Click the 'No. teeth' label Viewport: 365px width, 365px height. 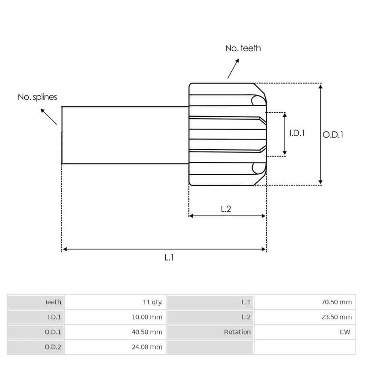(243, 48)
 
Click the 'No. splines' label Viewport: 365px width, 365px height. (37, 97)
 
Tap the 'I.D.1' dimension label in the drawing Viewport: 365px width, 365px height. (297, 133)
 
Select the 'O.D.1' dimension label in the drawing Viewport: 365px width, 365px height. (333, 135)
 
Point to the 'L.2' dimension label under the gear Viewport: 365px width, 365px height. (226, 209)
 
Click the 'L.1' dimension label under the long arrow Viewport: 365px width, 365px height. (169, 257)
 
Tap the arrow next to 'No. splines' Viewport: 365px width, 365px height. (49, 116)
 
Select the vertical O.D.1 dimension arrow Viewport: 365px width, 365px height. (321, 134)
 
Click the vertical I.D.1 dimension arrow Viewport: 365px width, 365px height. (285, 134)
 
